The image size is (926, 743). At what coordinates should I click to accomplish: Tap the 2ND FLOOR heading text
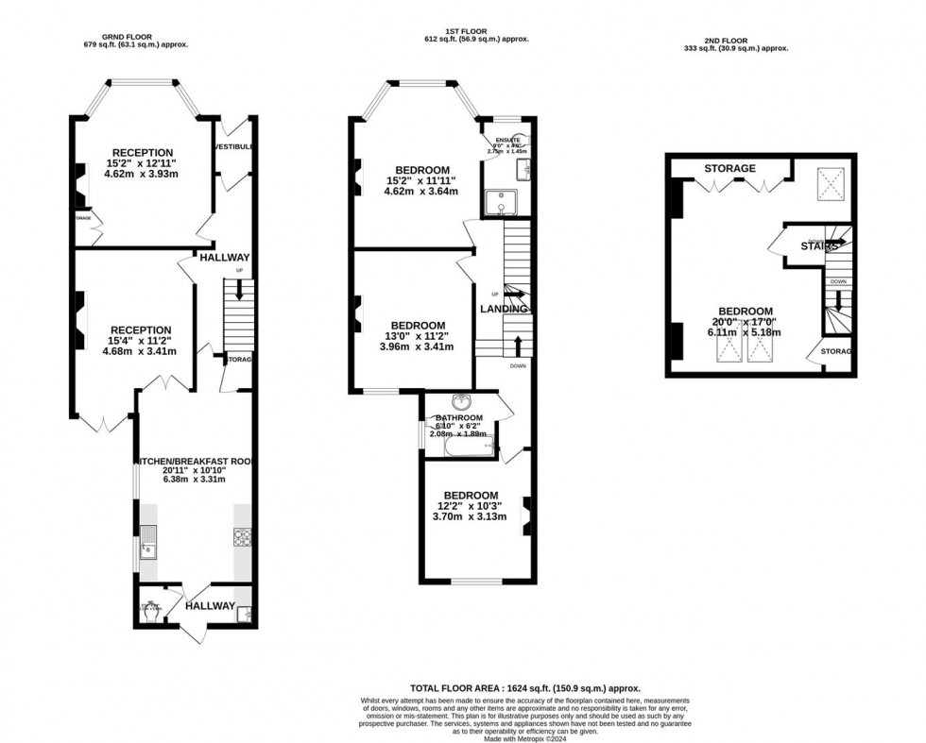click(734, 41)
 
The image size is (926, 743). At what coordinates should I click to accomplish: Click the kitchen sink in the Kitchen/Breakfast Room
click(148, 543)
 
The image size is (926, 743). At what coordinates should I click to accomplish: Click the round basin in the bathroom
click(460, 400)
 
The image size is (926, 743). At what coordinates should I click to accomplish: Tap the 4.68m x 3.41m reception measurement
click(143, 351)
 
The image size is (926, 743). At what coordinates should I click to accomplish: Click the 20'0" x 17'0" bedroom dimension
click(746, 322)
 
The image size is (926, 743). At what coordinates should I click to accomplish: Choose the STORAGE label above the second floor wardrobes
click(729, 169)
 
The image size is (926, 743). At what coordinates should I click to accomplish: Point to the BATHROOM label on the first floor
click(458, 418)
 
